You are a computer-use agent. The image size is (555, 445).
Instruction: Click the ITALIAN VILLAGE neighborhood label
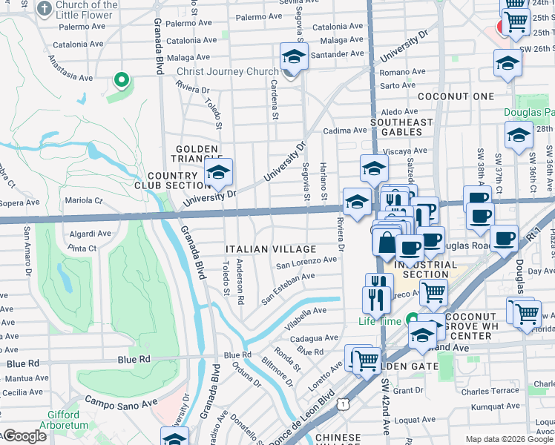[271, 249]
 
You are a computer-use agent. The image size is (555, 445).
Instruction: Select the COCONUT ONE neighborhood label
[456, 97]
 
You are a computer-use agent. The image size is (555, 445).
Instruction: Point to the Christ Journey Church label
[227, 73]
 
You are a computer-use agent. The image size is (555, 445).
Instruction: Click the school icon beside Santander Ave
[294, 56]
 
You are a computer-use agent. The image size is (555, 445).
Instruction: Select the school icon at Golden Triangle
[219, 173]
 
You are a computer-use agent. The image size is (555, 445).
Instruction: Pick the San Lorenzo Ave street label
[306, 262]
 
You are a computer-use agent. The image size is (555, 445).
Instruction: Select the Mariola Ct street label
[84, 200]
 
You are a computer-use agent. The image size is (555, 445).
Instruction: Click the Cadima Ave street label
[342, 131]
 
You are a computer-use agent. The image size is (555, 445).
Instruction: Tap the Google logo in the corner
[24, 437]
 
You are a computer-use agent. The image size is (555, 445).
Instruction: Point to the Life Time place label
[378, 321]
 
